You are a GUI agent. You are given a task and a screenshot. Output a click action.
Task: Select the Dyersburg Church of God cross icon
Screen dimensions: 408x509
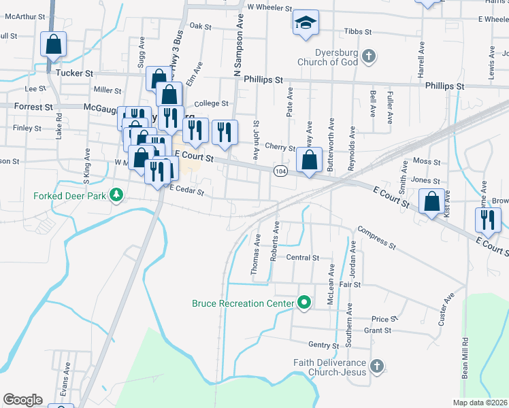point(368,57)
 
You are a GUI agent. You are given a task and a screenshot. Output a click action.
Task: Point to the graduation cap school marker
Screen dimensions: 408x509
point(306,23)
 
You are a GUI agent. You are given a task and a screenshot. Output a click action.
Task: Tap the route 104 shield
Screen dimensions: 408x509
point(280,170)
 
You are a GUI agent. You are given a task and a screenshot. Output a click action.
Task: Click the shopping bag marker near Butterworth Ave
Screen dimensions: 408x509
point(310,162)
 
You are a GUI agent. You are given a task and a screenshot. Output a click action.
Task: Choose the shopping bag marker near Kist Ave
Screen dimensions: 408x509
point(432,202)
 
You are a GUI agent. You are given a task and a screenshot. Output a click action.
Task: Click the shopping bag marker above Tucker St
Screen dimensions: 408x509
point(54,45)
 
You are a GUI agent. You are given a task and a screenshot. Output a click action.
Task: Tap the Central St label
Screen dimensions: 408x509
point(303,258)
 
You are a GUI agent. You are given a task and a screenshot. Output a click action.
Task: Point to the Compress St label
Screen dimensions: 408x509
point(376,237)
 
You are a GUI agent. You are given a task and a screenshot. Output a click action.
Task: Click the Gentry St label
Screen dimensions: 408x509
point(323,345)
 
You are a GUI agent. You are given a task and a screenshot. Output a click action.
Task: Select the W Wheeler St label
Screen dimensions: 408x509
point(269,8)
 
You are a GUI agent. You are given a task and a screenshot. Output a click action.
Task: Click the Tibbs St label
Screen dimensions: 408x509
point(358,32)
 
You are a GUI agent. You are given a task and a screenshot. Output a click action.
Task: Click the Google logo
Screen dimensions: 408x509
point(22,399)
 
